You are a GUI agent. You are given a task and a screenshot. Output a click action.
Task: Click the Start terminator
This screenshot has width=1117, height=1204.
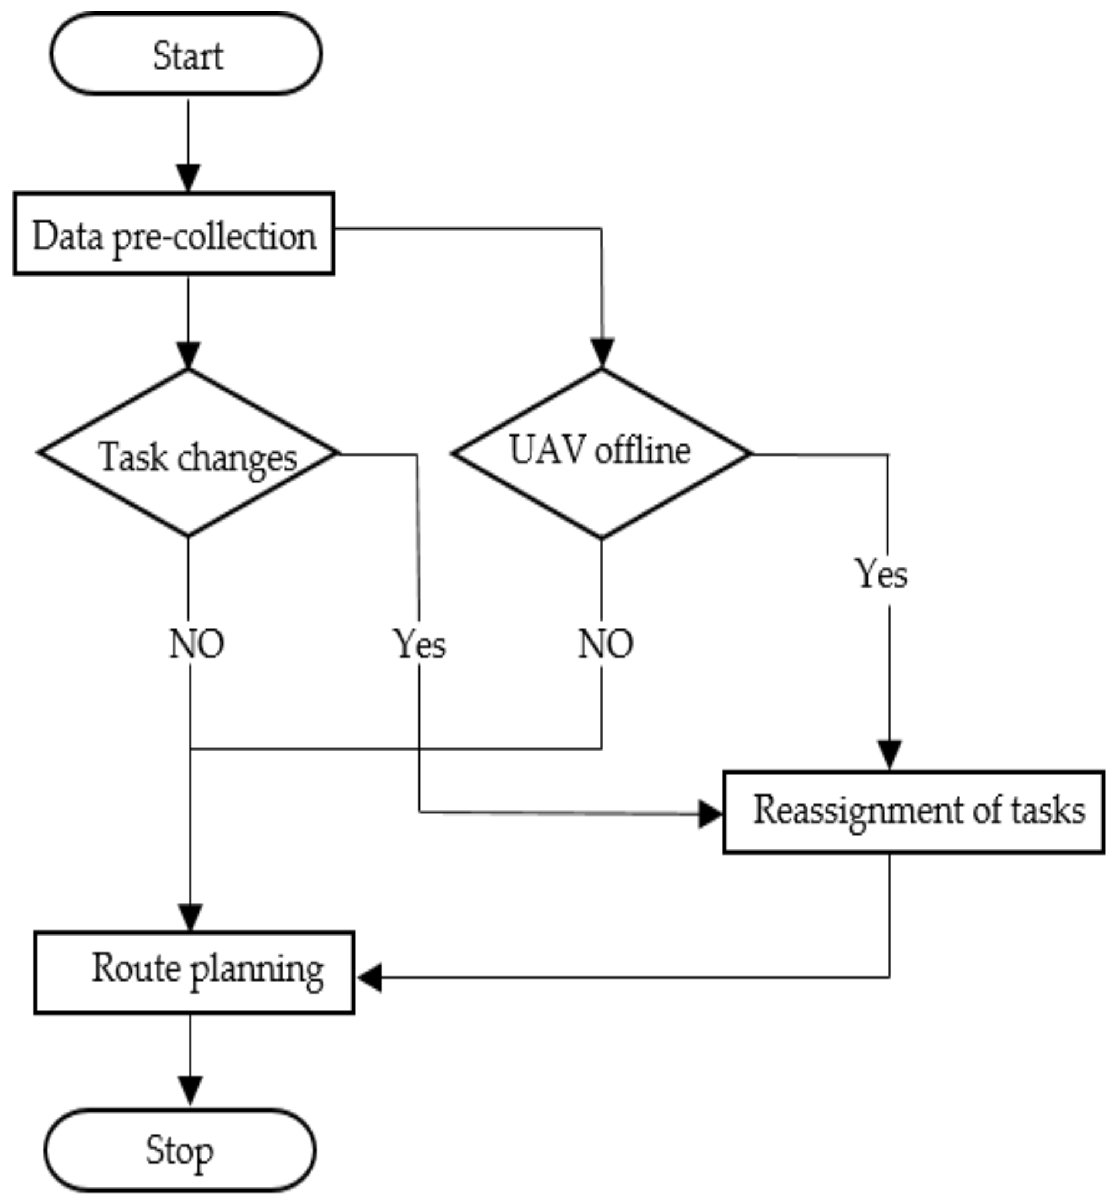click(x=186, y=54)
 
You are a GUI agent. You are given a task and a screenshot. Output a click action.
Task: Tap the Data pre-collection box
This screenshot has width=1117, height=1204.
click(x=174, y=235)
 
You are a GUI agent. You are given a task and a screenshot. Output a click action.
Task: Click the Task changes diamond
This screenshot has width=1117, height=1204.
click(x=189, y=453)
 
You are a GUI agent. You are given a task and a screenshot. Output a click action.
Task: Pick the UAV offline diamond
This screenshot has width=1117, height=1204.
click(x=602, y=453)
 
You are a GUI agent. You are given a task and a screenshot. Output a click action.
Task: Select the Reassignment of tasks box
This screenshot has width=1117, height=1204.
click(x=913, y=812)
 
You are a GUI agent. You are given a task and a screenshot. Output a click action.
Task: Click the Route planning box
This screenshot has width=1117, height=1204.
click(x=194, y=972)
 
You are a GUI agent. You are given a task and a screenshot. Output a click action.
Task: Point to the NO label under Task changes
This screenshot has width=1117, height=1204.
click(x=196, y=644)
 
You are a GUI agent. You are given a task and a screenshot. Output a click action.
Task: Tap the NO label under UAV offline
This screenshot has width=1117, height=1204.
click(x=606, y=644)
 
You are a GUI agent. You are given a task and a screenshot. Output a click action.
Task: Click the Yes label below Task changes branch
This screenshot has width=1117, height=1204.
click(x=420, y=644)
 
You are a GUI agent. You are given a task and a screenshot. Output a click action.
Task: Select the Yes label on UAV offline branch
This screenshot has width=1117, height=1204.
click(x=881, y=573)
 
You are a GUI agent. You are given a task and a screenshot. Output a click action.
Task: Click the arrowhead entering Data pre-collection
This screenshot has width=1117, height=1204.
click(x=188, y=178)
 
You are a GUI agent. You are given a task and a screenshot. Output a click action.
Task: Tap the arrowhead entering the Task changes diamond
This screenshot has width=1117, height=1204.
click(x=188, y=355)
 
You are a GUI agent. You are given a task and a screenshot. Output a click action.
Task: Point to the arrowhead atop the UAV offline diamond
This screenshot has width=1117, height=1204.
click(x=602, y=352)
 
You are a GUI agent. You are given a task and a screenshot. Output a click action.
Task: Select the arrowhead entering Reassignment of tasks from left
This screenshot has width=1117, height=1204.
click(x=710, y=813)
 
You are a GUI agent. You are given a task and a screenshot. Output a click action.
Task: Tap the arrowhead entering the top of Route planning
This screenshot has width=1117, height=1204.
click(x=190, y=917)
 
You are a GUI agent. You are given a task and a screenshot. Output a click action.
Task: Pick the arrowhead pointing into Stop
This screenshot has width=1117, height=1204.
click(x=190, y=1090)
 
